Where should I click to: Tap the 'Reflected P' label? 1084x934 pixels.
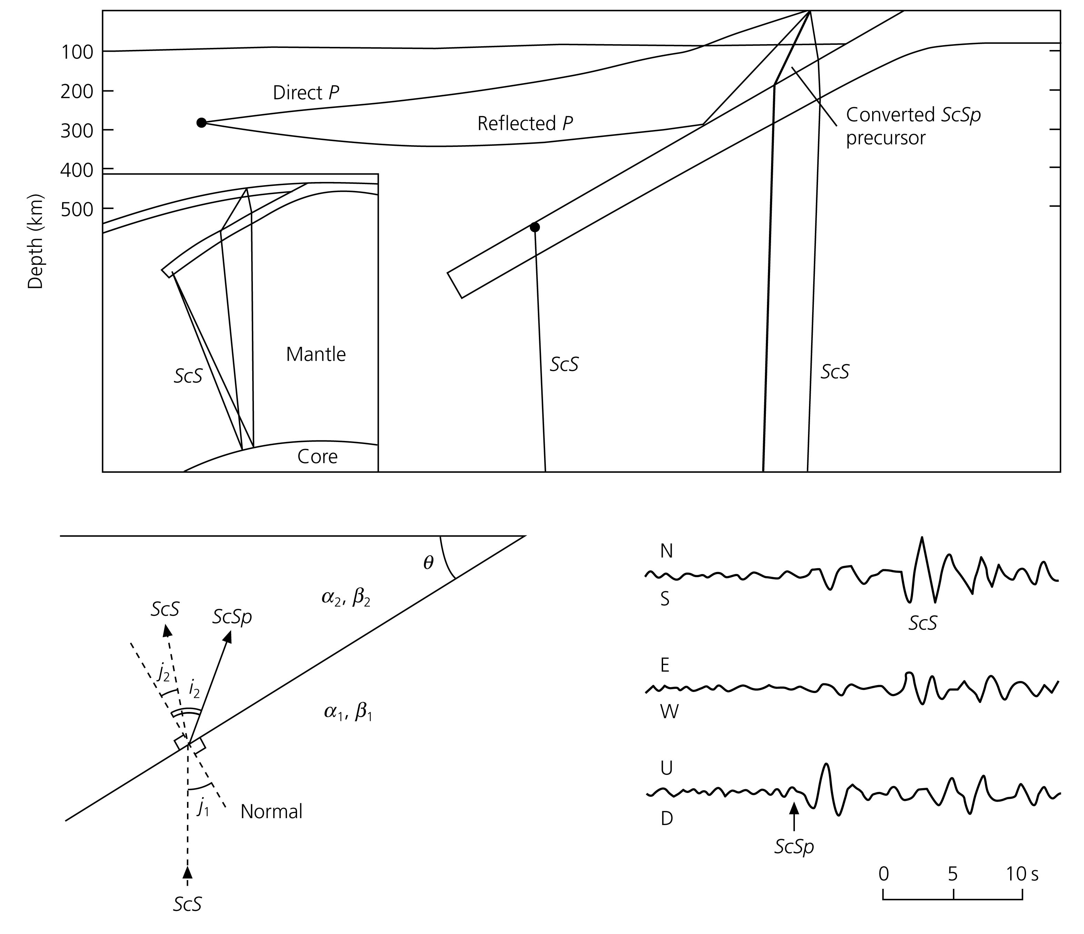coord(525,123)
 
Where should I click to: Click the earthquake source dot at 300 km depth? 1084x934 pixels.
coord(201,123)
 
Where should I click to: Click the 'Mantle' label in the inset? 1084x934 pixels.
coord(315,354)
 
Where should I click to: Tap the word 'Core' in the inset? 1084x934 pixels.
coord(317,456)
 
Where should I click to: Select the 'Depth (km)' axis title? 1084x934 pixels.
coord(35,242)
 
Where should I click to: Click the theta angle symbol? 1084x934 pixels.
coord(428,563)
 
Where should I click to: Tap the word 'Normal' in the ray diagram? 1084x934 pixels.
coord(272,812)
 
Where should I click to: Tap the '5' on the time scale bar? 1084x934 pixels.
coord(952,874)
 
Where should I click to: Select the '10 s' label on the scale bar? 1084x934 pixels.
coord(1023,874)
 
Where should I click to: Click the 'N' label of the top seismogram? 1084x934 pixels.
coord(666,551)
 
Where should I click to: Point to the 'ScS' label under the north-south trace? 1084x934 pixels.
coord(922,623)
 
